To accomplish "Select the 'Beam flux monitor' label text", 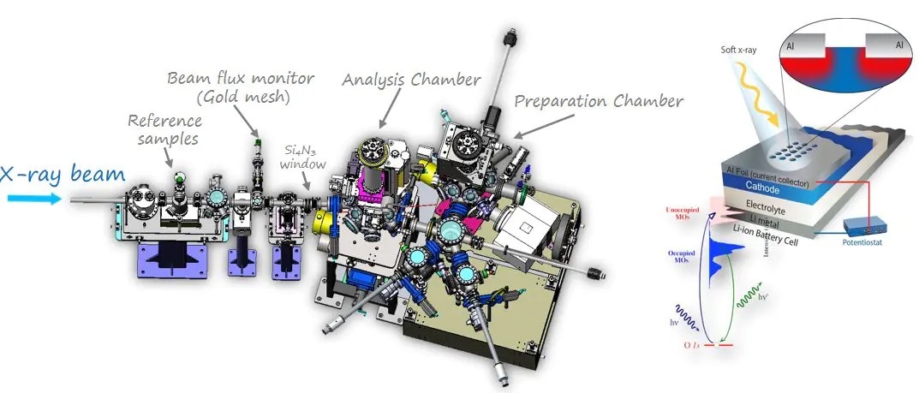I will click(x=241, y=80).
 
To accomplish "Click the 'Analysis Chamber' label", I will click(x=410, y=80).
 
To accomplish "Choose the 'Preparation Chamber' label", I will click(x=599, y=101).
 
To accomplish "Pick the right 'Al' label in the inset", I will click(x=898, y=41).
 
